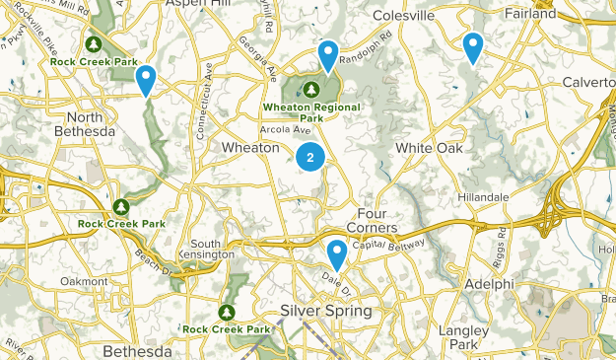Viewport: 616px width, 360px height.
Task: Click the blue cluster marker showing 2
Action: [310, 156]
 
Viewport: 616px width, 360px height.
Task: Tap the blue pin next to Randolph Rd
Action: [328, 55]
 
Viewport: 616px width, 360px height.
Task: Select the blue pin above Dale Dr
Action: [337, 254]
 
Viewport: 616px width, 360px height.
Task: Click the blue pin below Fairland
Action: [473, 45]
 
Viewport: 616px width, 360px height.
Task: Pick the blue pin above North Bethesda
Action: [146, 78]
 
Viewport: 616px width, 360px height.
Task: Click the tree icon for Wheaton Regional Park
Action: [310, 91]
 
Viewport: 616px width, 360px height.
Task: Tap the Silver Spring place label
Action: [326, 311]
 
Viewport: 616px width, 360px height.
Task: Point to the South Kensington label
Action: [213, 249]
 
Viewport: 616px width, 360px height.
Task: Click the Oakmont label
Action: [83, 281]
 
